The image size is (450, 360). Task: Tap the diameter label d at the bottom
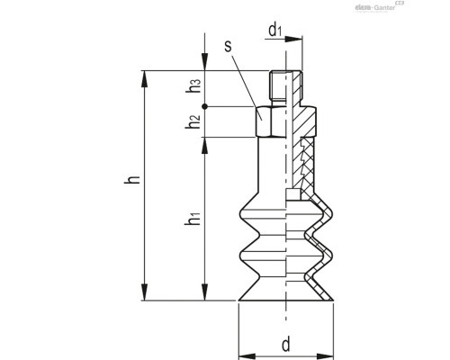[284, 343]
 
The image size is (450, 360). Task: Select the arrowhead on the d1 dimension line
[296, 40]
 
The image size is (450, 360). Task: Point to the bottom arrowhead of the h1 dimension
[205, 294]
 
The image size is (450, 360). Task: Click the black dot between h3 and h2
[205, 106]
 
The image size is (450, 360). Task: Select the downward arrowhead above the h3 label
[205, 76]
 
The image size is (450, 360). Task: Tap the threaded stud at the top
[281, 86]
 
